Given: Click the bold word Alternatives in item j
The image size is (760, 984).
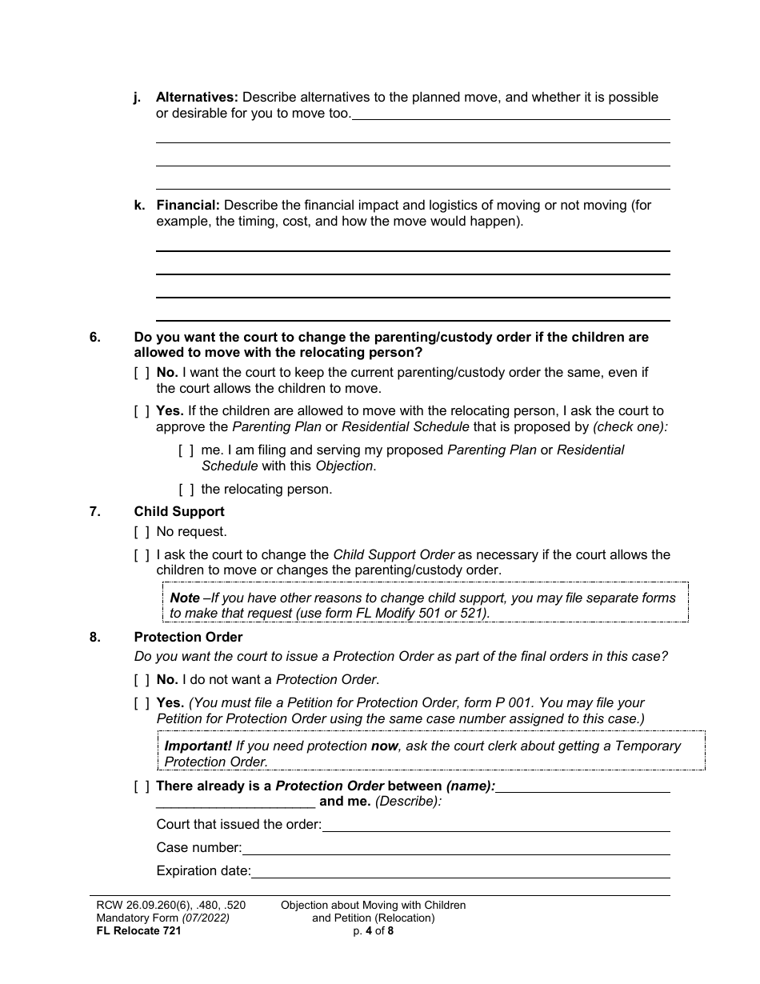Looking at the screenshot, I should pos(197,98).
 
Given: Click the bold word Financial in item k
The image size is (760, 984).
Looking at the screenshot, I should pos(187,206).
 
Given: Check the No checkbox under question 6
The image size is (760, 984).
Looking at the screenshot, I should pos(142,373).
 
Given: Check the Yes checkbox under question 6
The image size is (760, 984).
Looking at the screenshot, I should pos(142,411).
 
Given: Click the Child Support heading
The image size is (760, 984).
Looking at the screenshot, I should pos(179,512).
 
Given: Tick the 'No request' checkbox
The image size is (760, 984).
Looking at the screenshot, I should pos(142,532).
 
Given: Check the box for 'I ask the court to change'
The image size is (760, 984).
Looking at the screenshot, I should pos(142,555).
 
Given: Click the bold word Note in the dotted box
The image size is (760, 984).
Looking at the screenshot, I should pos(185,598).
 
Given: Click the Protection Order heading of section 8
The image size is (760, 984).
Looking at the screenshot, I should pos(188,638).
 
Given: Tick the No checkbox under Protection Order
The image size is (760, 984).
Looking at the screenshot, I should pos(142,680).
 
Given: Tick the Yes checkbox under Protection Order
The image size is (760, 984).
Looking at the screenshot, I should pos(142,703).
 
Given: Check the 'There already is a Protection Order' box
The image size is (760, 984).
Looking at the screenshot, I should pos(142,786).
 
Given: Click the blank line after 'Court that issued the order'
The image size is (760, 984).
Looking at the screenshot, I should pos(495,825).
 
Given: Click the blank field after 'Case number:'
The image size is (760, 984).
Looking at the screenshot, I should pos(455,848).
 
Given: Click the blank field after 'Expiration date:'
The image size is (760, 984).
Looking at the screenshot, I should pos(460,871).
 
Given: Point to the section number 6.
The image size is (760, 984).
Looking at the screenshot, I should pos(95,338).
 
